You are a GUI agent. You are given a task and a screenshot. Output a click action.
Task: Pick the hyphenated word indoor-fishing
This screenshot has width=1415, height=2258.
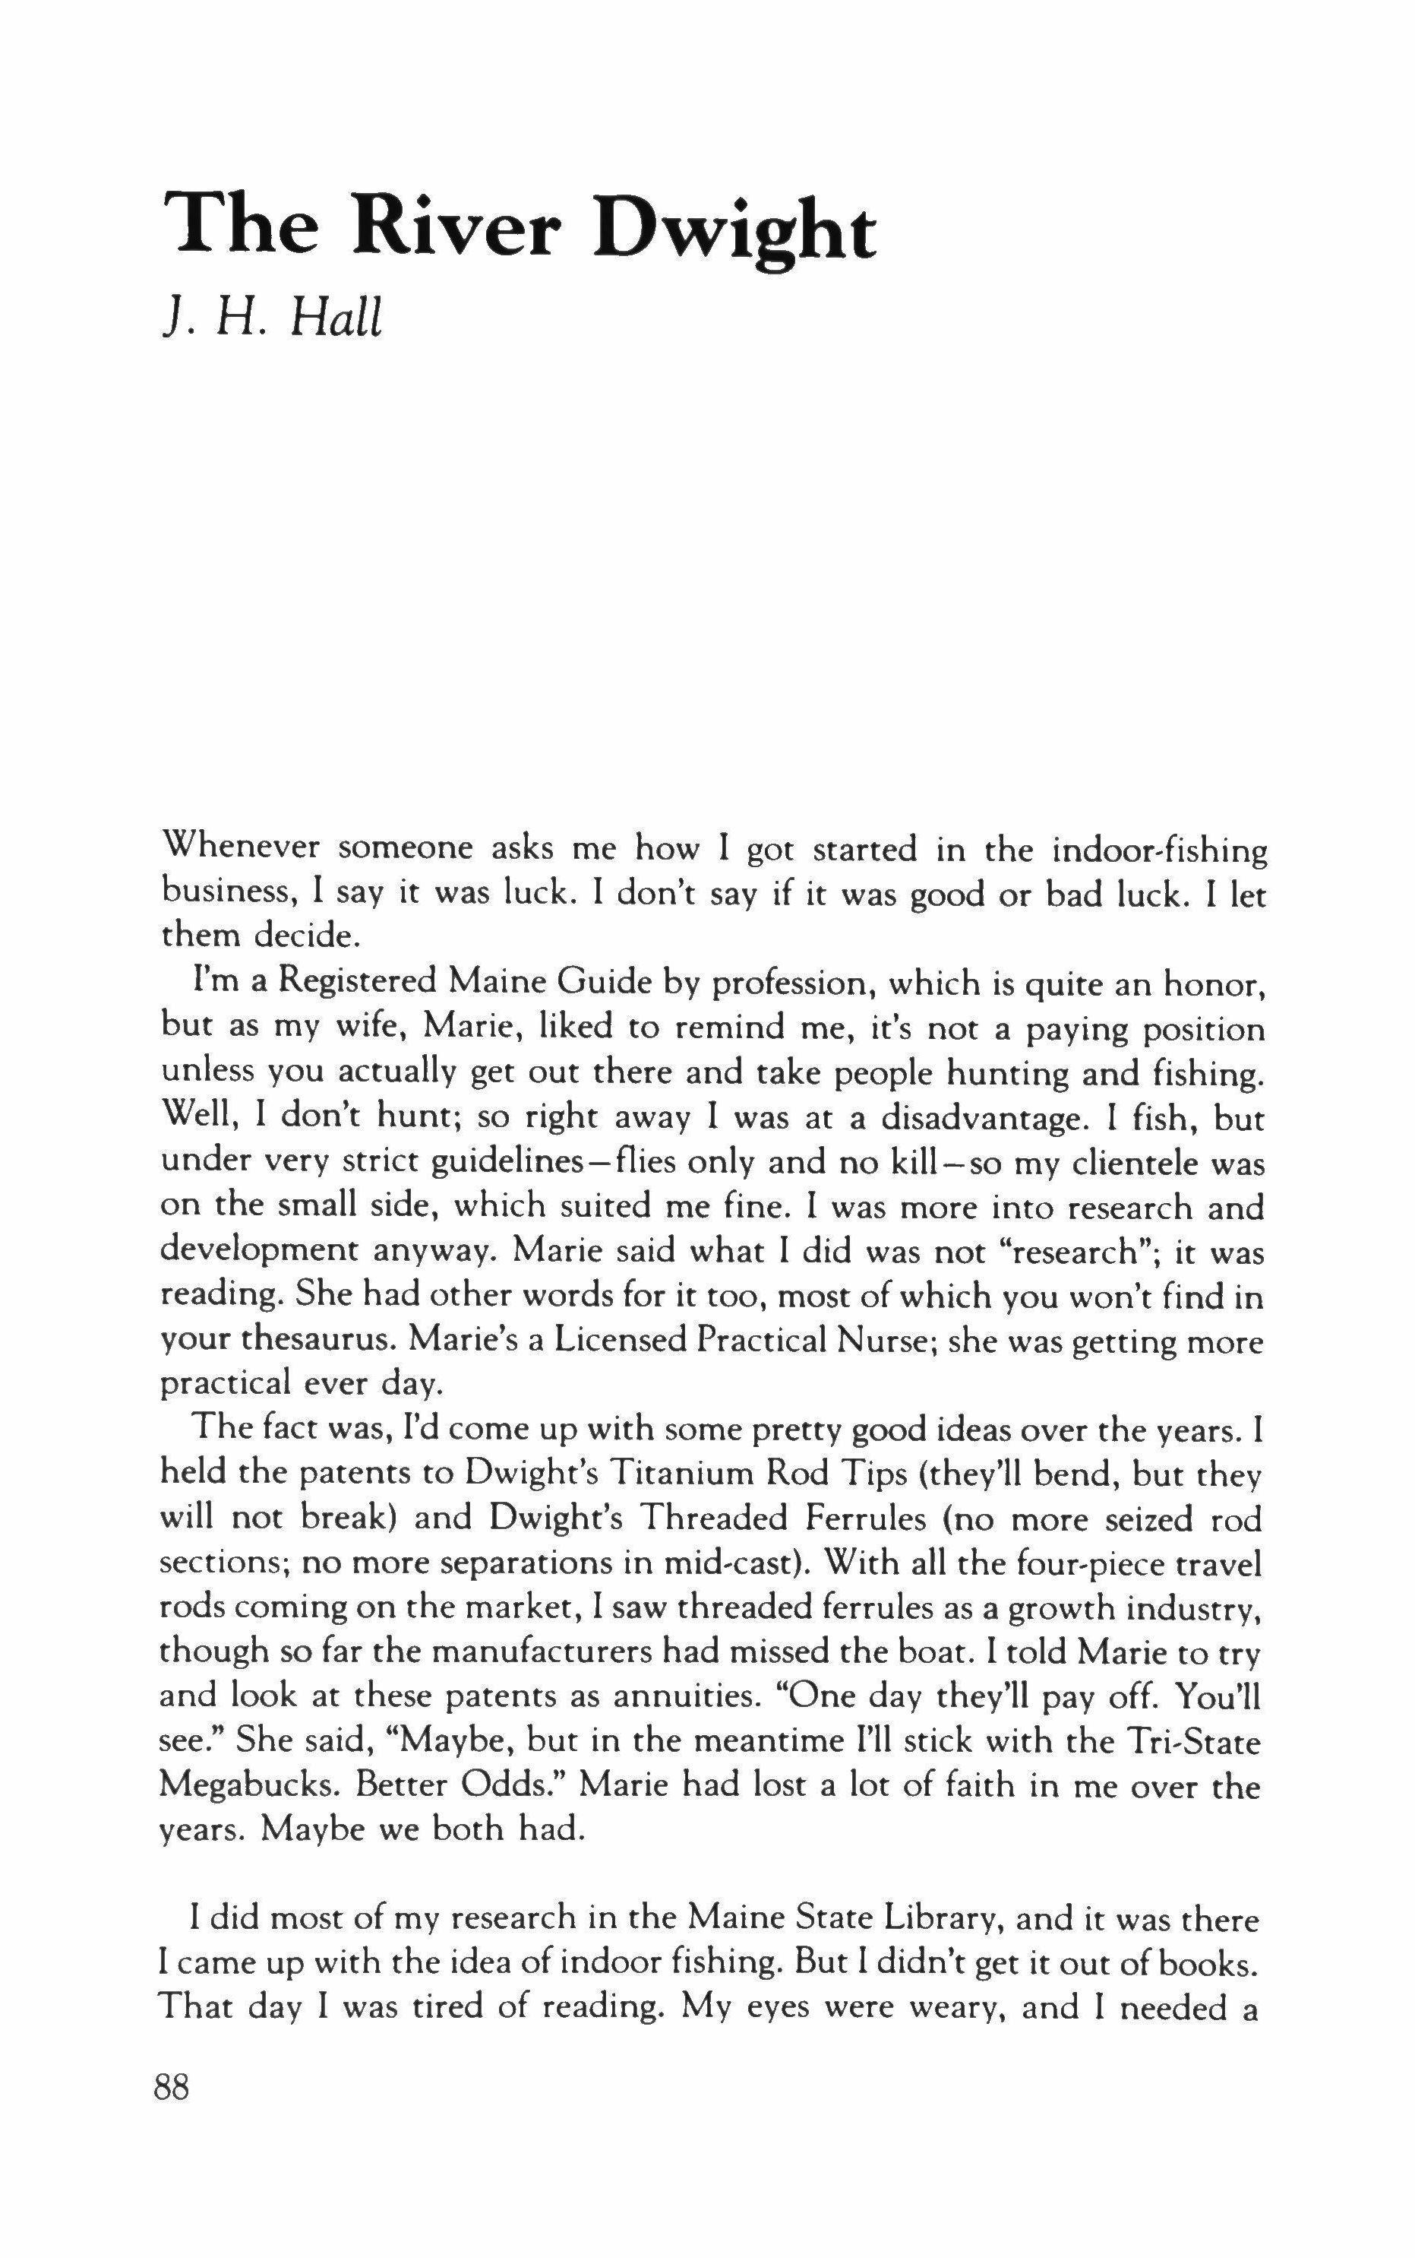click(1160, 851)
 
